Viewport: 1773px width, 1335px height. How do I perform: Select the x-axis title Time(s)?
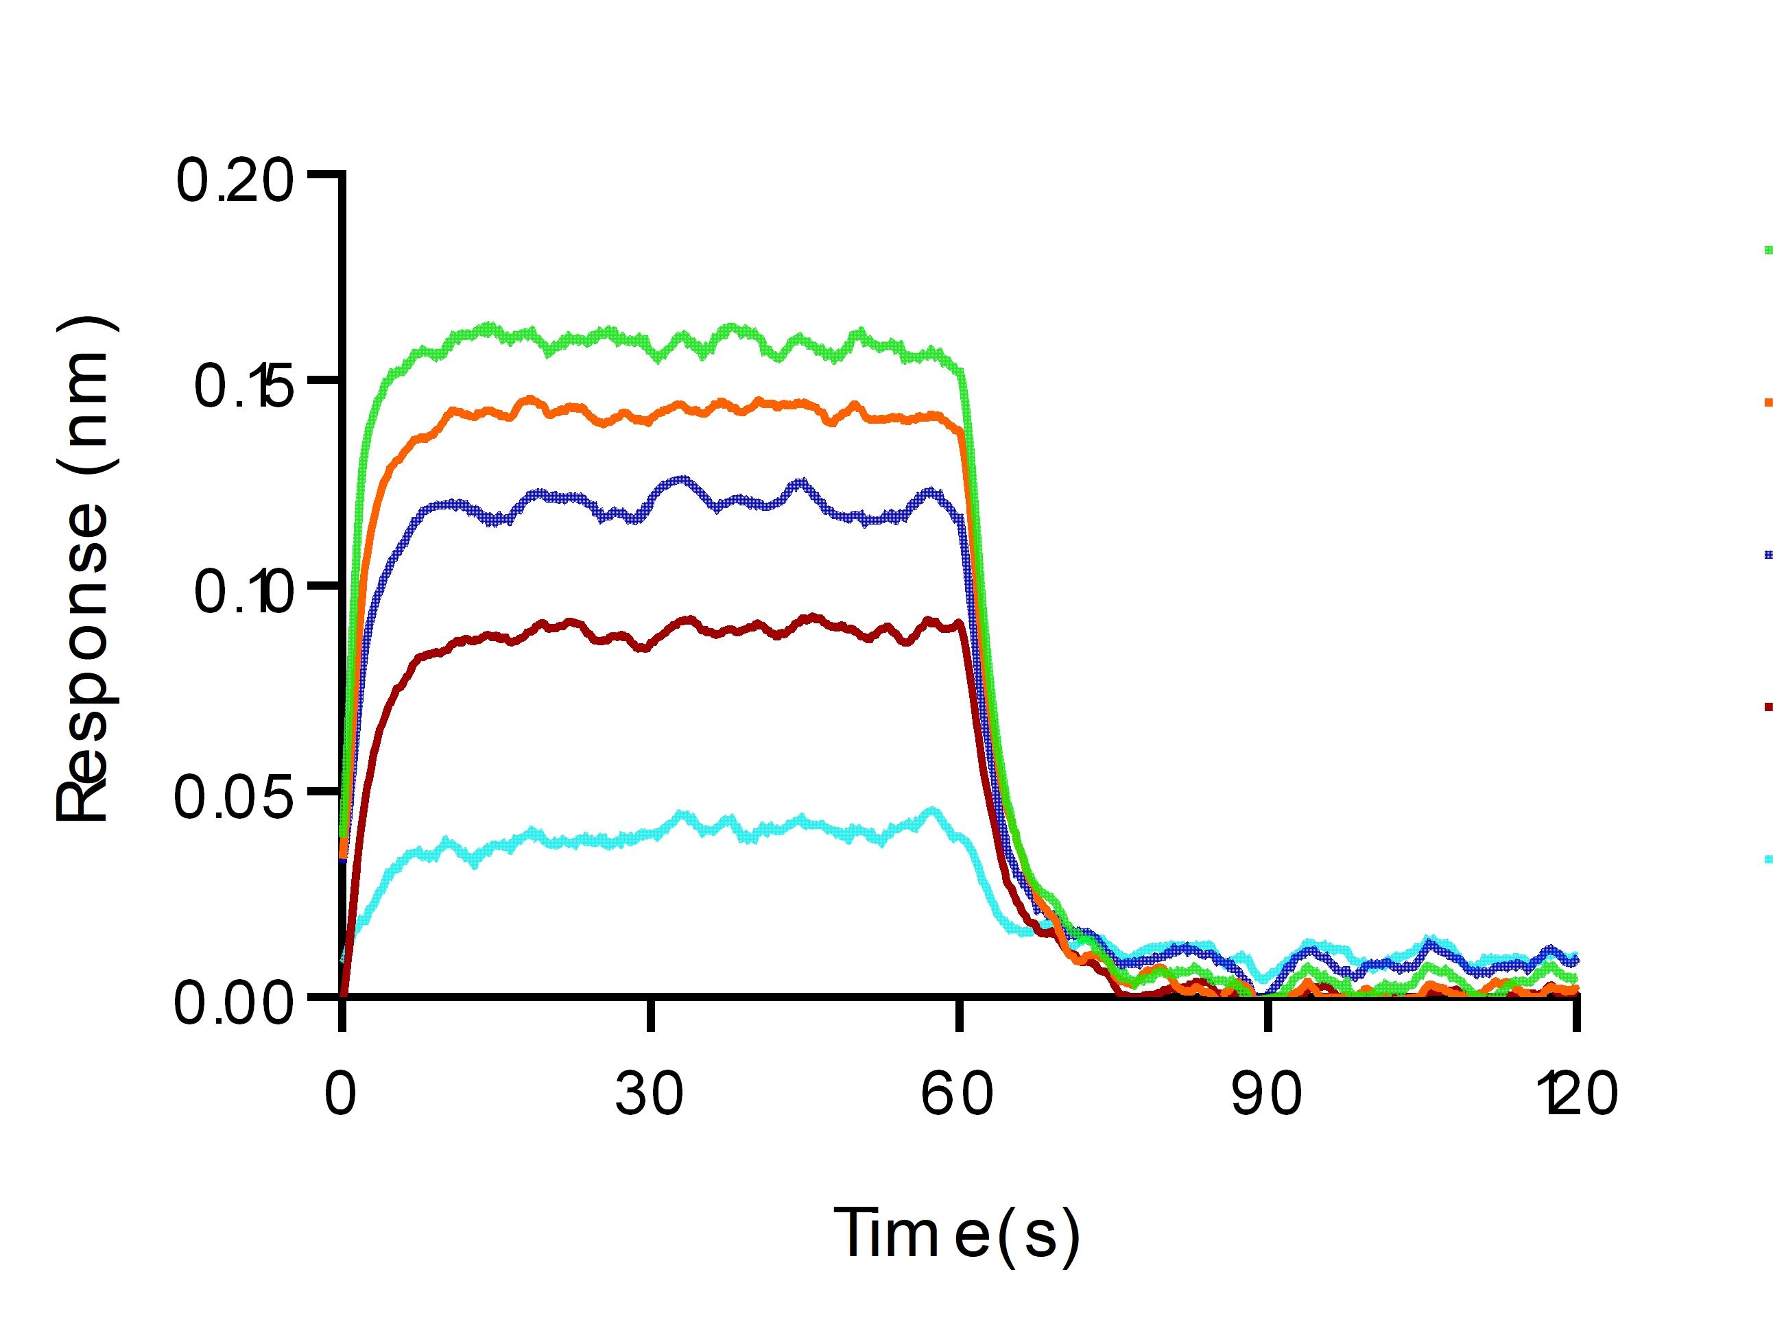pyautogui.click(x=958, y=1235)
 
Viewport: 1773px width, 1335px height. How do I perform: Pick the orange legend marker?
pyautogui.click(x=1765, y=402)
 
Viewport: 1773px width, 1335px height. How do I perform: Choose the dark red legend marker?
pyautogui.click(x=1765, y=706)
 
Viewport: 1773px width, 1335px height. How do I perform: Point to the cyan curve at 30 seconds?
pyautogui.click(x=650, y=835)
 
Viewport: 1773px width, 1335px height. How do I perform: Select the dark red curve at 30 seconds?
pyautogui.click(x=650, y=642)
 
